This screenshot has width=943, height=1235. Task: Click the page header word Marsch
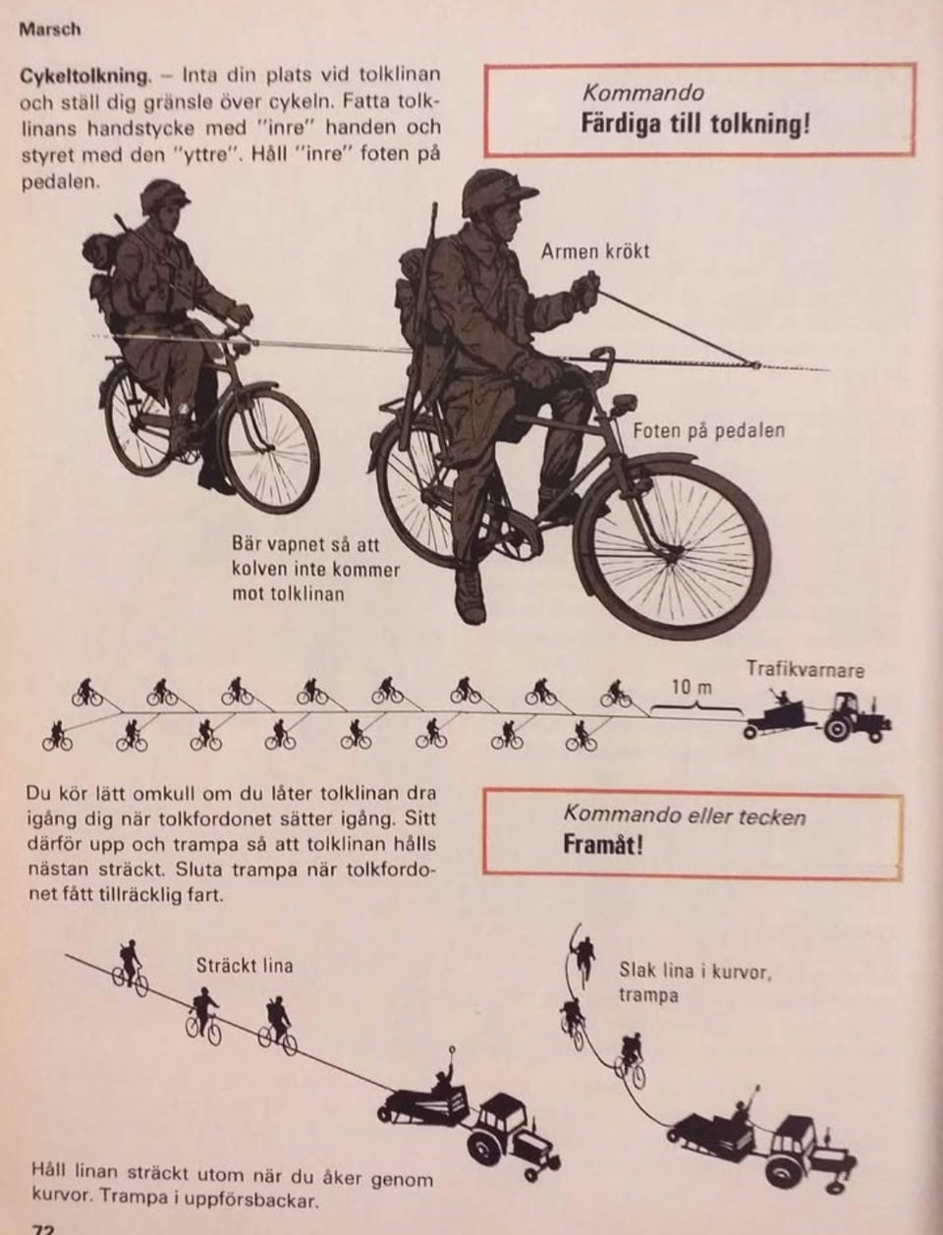(x=50, y=30)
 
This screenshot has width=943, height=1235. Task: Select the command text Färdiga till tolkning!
(x=695, y=124)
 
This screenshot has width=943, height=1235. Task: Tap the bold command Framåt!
(x=603, y=846)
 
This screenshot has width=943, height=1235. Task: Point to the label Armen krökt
(x=595, y=252)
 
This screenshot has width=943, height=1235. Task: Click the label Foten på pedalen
(x=708, y=431)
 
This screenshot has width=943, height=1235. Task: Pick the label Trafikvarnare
(x=805, y=669)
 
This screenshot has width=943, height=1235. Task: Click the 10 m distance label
(x=692, y=687)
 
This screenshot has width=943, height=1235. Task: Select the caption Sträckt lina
(x=245, y=966)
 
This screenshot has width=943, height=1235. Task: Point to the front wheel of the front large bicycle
(x=672, y=545)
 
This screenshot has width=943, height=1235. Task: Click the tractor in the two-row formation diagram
(x=857, y=718)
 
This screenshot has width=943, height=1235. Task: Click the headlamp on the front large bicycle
(x=624, y=404)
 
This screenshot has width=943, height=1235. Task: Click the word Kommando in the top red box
(x=642, y=92)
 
